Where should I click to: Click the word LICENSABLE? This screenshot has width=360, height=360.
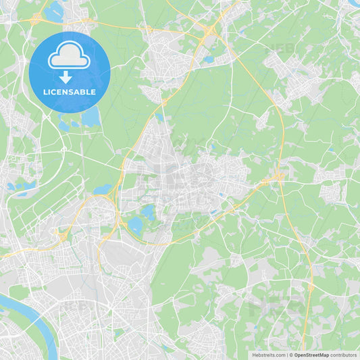click(69, 92)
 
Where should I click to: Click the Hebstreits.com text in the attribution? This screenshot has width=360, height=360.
click(268, 355)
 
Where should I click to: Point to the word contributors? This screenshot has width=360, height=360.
click(344, 355)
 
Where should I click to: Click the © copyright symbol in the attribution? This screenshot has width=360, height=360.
click(290, 355)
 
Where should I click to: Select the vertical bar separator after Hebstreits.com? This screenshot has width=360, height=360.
click(286, 355)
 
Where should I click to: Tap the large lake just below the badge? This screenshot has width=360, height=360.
click(91, 117)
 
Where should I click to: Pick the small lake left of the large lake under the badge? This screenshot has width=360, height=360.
click(65, 124)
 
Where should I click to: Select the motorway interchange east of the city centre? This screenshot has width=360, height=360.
click(278, 178)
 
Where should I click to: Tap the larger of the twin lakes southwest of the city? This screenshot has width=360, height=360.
click(135, 225)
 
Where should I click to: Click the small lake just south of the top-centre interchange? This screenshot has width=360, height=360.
click(209, 59)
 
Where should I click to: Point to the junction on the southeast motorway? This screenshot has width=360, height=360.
click(311, 288)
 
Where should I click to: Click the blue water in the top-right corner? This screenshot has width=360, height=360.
click(354, 3)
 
